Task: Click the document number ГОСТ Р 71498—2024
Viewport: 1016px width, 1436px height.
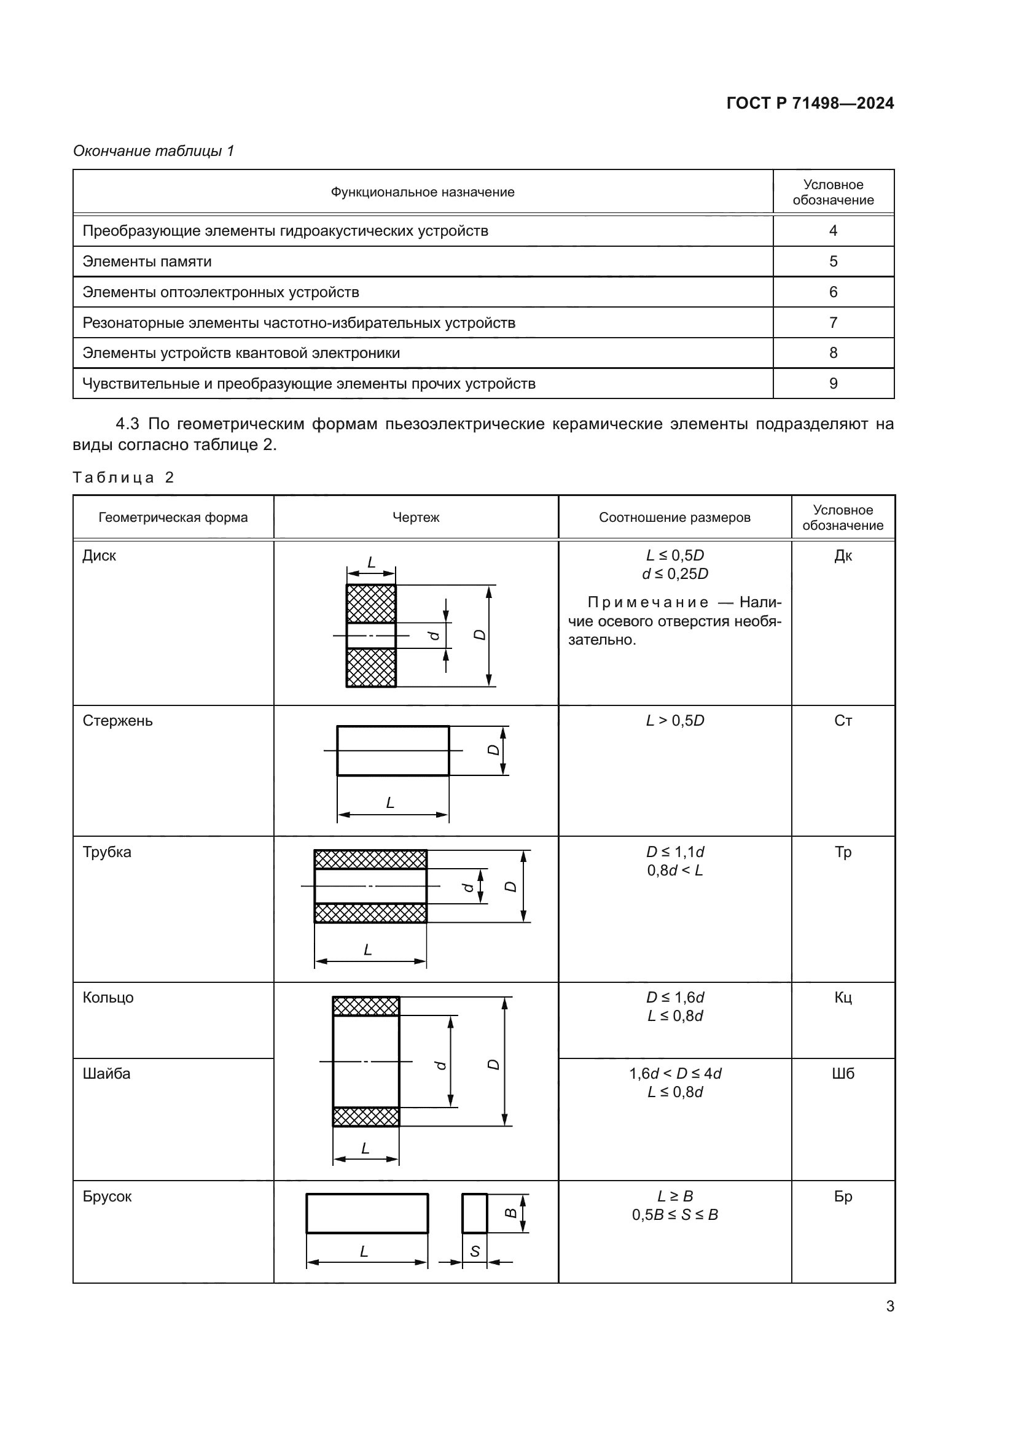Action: [x=810, y=103]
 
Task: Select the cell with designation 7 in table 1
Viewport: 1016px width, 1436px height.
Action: [x=833, y=323]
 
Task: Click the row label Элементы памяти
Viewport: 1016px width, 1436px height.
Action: [x=147, y=262]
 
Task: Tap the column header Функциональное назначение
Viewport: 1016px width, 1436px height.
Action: [x=422, y=193]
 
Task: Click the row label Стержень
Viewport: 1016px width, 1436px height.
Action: [x=117, y=721]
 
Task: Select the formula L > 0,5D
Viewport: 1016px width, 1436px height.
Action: [x=674, y=721]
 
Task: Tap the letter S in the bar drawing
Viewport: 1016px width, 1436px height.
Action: [x=474, y=1251]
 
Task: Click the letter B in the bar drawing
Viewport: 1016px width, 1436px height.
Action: [x=511, y=1213]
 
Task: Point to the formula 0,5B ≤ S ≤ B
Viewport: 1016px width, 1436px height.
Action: [x=674, y=1215]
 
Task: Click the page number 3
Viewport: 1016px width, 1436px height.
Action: [x=889, y=1306]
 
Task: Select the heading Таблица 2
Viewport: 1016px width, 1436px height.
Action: [x=123, y=478]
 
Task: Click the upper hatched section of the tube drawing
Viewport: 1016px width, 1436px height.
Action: [x=370, y=860]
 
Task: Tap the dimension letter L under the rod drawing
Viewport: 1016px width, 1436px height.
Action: [x=390, y=803]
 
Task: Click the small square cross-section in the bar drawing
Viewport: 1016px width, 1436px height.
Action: [x=474, y=1213]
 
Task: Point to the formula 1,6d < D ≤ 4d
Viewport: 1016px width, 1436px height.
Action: [x=674, y=1074]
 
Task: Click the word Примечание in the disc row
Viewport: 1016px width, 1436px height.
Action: [x=647, y=602]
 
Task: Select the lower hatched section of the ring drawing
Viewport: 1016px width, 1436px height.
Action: [x=366, y=1116]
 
